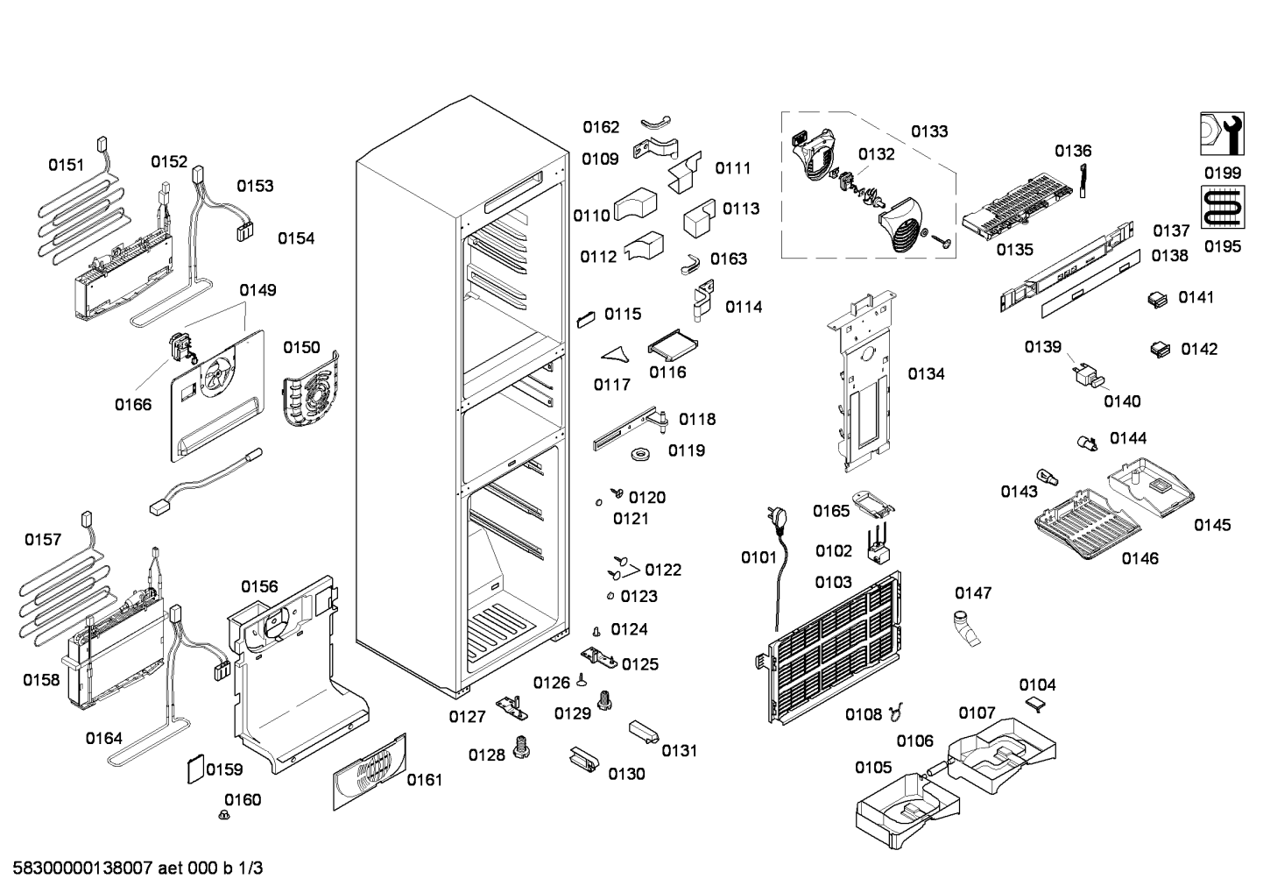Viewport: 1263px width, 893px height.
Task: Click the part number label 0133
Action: coord(929,131)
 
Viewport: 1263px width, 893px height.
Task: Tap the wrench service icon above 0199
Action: coord(1222,134)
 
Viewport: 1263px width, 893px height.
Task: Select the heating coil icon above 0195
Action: coord(1223,207)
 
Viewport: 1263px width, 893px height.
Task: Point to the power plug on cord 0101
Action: coord(775,519)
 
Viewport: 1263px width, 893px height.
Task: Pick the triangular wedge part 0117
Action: coord(615,354)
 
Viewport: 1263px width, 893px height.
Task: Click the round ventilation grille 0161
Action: coord(370,771)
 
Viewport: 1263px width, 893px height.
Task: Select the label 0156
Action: coord(259,586)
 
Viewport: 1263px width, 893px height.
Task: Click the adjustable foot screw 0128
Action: coord(521,747)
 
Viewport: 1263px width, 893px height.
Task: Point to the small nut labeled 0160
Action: coord(224,815)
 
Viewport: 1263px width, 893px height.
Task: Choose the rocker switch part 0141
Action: coord(1159,299)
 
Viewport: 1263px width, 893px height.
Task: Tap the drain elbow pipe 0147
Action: coord(966,627)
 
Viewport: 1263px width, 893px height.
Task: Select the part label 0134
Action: coord(926,373)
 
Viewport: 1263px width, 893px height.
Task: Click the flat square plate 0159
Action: coord(195,769)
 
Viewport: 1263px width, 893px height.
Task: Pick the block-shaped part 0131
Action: coord(644,732)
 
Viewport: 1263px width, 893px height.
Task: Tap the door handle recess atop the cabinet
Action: coord(513,192)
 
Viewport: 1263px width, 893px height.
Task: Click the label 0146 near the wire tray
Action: coord(1140,558)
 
